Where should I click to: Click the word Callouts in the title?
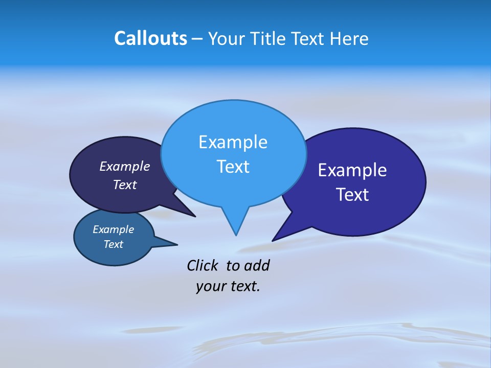[x=151, y=38]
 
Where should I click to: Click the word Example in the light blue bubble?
[x=233, y=142]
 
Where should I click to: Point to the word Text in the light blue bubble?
[x=233, y=167]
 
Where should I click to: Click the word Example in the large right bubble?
[x=352, y=170]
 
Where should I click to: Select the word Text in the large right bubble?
[x=352, y=195]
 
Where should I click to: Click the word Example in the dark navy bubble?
[x=124, y=166]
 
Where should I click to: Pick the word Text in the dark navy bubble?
[x=124, y=185]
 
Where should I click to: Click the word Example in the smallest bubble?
[x=113, y=229]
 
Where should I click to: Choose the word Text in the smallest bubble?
[x=113, y=244]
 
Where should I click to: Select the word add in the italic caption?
[x=256, y=265]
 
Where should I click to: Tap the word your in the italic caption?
[x=209, y=286]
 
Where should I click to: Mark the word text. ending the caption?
[x=243, y=286]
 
